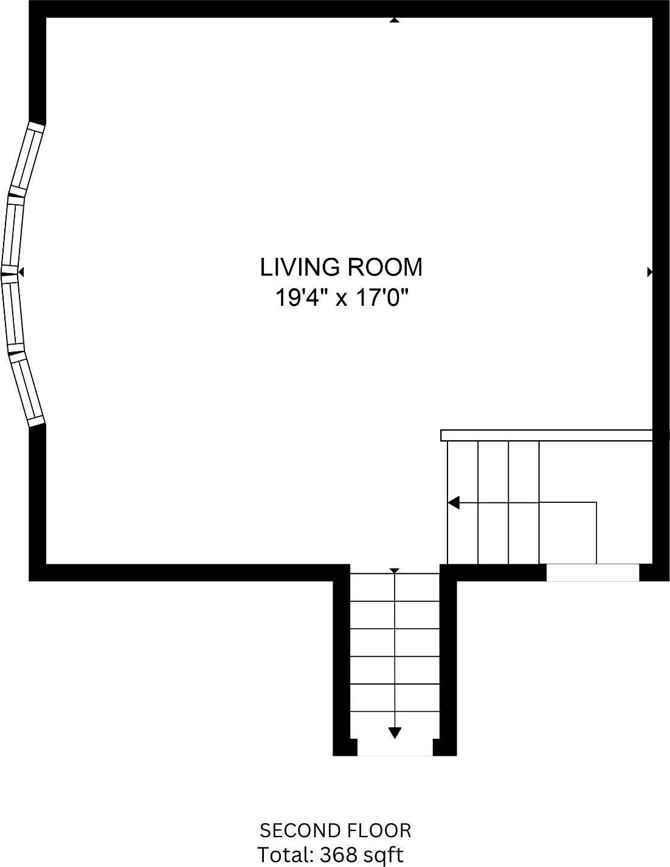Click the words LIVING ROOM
341,267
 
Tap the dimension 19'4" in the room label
299,298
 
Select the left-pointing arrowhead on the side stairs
454,502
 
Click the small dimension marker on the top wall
395,20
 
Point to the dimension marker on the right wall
650,272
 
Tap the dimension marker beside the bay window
21,272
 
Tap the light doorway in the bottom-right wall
593,573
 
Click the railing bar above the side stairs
547,435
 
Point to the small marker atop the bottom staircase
395,571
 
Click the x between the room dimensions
341,300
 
